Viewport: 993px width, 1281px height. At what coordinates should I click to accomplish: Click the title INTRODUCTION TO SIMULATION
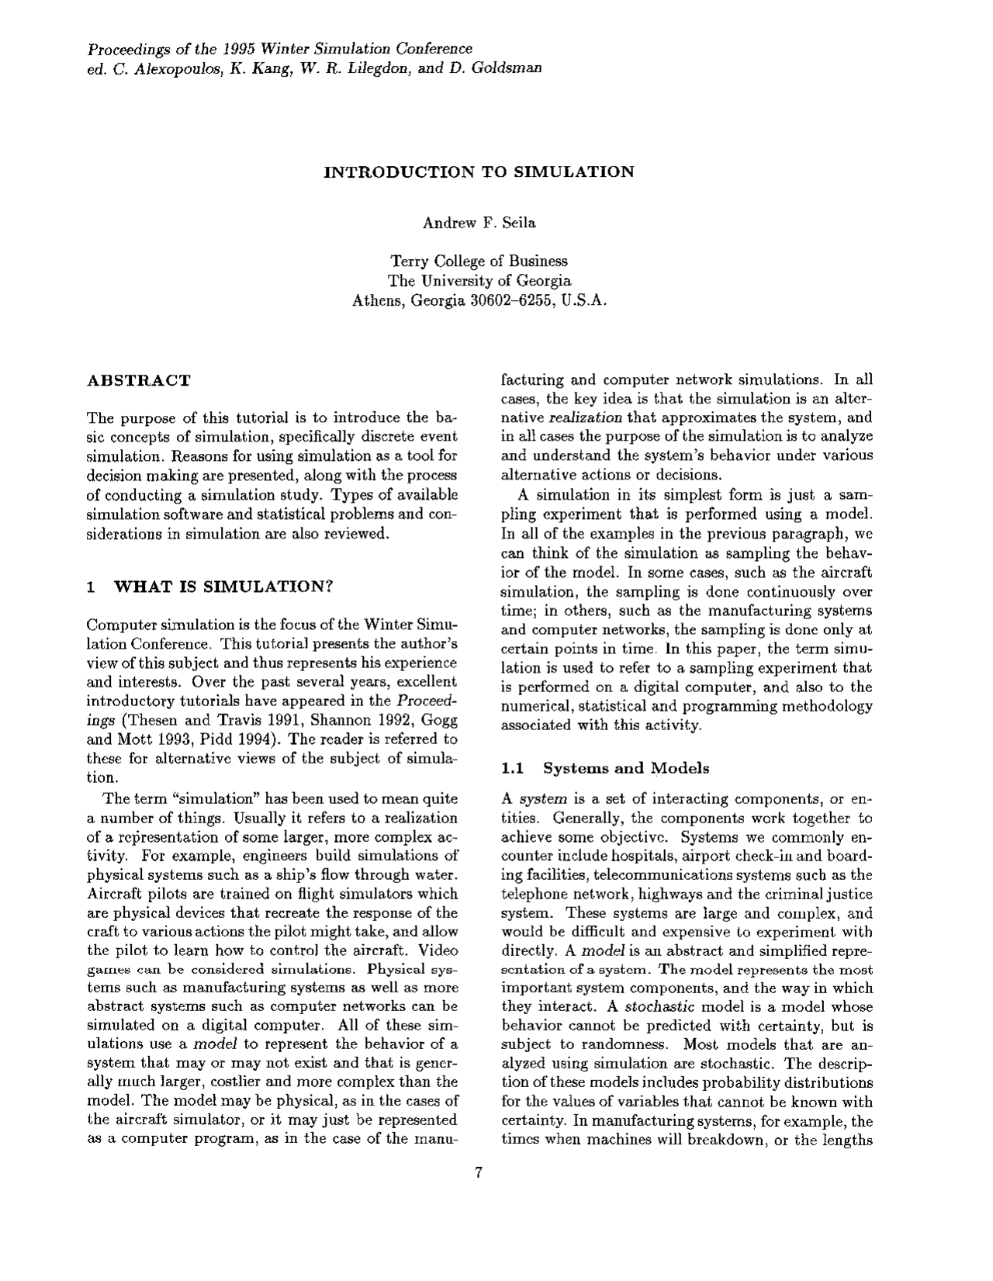point(478,171)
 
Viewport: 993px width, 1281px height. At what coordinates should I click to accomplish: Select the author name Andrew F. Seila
point(479,223)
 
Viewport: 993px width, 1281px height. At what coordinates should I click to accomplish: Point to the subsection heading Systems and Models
point(625,768)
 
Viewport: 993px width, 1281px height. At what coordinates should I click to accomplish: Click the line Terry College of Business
point(479,261)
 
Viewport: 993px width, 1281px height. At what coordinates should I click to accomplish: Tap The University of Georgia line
point(479,280)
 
